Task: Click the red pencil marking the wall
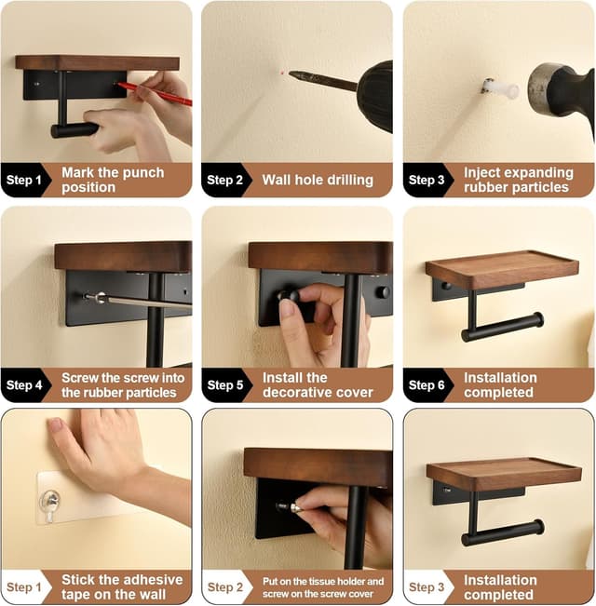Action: [155, 93]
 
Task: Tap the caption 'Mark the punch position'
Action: [113, 180]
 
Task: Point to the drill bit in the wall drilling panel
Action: [321, 80]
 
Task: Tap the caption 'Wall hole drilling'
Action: [317, 180]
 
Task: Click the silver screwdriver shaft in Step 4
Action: [140, 301]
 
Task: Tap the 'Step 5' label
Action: [225, 384]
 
